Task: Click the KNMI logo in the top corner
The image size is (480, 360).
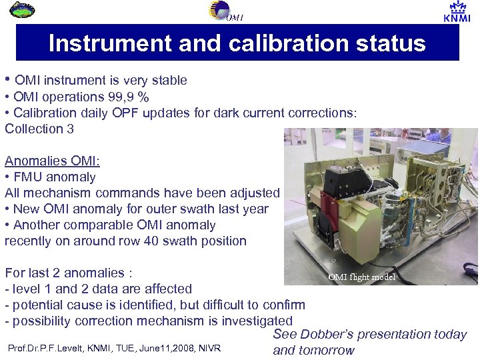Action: coord(457,12)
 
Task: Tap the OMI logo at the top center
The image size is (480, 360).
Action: coord(224,11)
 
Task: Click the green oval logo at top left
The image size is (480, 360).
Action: coord(24,9)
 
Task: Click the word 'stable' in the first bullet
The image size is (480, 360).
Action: coord(169,81)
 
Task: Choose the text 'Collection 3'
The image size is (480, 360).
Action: coord(39,129)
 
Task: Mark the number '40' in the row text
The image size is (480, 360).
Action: coord(150,241)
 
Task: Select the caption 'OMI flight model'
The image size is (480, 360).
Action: coord(361,277)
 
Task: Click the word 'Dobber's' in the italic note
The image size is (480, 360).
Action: coord(328,335)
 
